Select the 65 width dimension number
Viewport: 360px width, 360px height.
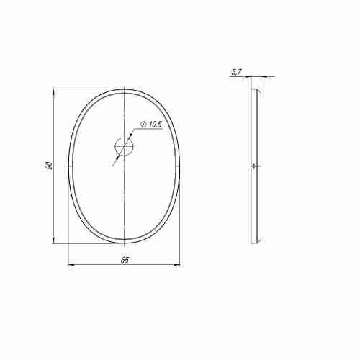click(124, 260)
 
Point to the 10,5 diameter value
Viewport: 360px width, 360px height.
click(154, 125)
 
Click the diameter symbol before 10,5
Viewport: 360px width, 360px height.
click(143, 125)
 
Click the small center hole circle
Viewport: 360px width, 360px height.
click(124, 148)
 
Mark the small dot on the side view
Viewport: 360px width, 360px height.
click(253, 166)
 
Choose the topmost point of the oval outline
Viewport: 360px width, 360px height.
click(124, 89)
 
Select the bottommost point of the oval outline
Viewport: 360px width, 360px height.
click(124, 244)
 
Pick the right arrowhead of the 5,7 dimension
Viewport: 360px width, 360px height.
click(264, 76)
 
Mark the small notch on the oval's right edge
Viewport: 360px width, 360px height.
click(179, 166)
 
